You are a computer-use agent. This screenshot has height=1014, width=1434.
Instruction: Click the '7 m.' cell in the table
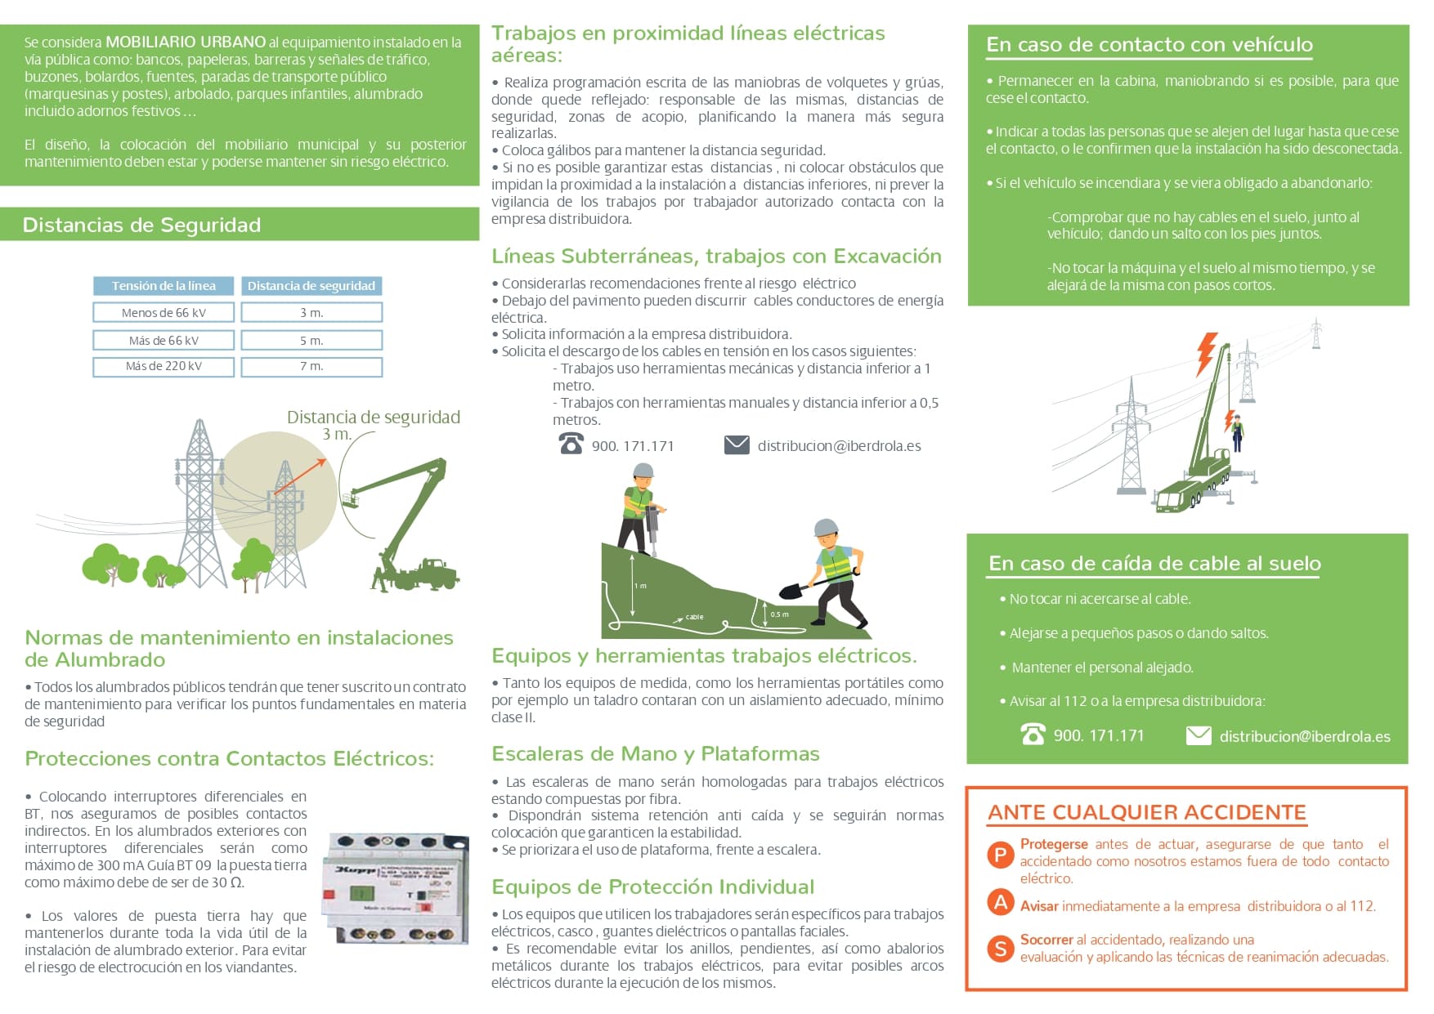[x=311, y=367]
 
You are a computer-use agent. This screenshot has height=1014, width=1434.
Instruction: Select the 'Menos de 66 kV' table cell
[x=164, y=313]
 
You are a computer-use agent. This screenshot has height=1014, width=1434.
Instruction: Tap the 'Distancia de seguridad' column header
[x=311, y=286]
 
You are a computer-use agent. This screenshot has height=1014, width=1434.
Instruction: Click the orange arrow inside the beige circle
[x=300, y=477]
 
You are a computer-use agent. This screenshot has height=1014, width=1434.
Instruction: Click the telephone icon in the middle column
[x=571, y=444]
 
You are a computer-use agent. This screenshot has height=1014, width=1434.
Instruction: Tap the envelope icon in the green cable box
[x=1198, y=735]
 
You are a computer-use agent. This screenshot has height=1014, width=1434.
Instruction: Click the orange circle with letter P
[x=1000, y=855]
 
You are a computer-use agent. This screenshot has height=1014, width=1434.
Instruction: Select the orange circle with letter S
[x=1000, y=949]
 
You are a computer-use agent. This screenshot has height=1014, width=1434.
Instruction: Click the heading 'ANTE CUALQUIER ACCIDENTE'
[x=1147, y=812]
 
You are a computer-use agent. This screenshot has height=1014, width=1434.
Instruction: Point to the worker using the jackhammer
[x=640, y=509]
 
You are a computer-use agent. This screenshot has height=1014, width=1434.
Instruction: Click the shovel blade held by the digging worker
[x=791, y=590]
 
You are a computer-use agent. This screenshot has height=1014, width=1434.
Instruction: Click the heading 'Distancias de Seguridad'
[x=141, y=225]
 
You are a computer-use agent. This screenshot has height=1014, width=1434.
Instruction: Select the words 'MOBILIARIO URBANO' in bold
[x=186, y=42]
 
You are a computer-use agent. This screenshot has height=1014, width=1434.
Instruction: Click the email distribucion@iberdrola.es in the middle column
[x=839, y=446]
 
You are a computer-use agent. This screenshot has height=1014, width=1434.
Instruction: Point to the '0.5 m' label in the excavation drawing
[x=779, y=614]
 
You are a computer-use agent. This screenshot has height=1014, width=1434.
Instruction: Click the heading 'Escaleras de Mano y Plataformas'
[x=655, y=753]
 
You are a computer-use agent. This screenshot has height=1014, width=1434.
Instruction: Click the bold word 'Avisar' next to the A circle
[x=1038, y=906]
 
